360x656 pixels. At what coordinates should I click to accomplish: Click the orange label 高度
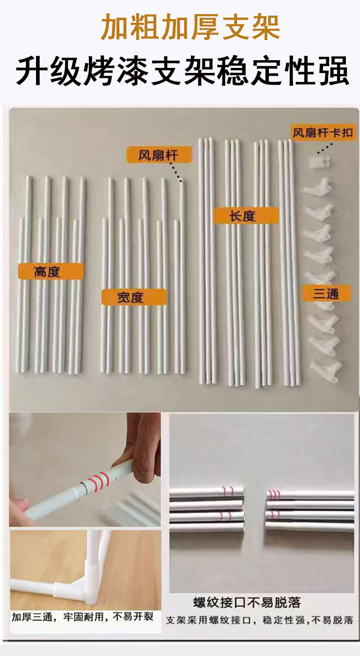tap(51, 271)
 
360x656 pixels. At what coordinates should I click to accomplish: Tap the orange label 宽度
tap(134, 297)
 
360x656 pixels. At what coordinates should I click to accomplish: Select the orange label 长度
tap(246, 216)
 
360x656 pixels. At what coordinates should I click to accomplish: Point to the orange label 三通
tap(326, 293)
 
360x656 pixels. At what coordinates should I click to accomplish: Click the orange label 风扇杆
tap(159, 155)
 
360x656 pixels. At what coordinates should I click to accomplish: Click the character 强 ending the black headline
tap(334, 70)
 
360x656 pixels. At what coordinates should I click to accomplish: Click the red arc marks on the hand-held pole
tap(100, 480)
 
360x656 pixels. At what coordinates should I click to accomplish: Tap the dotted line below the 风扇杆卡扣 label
tap(324, 148)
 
